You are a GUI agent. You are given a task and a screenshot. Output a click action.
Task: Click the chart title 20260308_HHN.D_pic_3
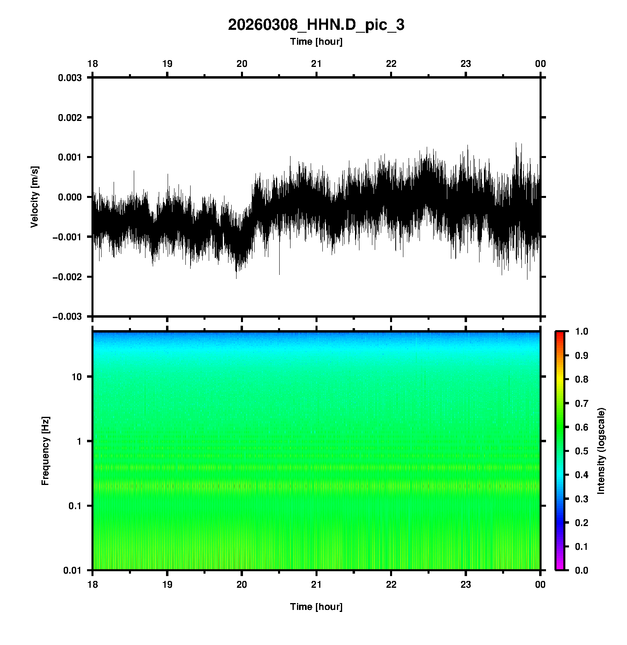pyautogui.click(x=316, y=25)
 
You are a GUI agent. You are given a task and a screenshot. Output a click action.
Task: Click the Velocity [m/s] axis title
pyautogui.click(x=35, y=197)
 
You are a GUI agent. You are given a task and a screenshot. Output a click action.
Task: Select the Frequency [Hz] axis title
pyautogui.click(x=45, y=451)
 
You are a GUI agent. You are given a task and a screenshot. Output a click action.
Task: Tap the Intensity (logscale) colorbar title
pyautogui.click(x=601, y=451)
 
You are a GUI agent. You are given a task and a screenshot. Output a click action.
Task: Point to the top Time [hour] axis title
pyautogui.click(x=316, y=42)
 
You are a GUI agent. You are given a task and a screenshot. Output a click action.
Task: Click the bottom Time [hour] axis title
pyautogui.click(x=316, y=607)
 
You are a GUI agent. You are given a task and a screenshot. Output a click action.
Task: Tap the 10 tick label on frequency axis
pyautogui.click(x=76, y=377)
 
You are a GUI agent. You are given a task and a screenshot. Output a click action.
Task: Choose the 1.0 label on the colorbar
pyautogui.click(x=582, y=331)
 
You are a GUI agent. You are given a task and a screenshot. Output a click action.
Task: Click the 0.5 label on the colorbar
pyautogui.click(x=582, y=451)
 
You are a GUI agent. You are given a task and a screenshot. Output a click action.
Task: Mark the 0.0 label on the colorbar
pyautogui.click(x=582, y=570)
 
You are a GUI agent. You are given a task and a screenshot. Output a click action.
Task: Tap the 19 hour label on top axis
pyautogui.click(x=167, y=64)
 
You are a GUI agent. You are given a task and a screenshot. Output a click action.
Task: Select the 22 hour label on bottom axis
pyautogui.click(x=391, y=585)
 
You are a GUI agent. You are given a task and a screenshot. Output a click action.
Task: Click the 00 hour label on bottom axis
pyautogui.click(x=540, y=585)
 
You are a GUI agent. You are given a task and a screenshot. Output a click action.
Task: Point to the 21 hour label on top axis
pyautogui.click(x=316, y=64)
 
